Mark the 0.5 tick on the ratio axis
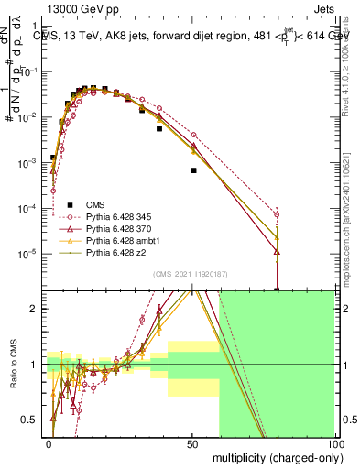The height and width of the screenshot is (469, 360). coord(34,420)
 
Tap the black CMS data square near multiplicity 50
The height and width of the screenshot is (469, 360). coord(193,170)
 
